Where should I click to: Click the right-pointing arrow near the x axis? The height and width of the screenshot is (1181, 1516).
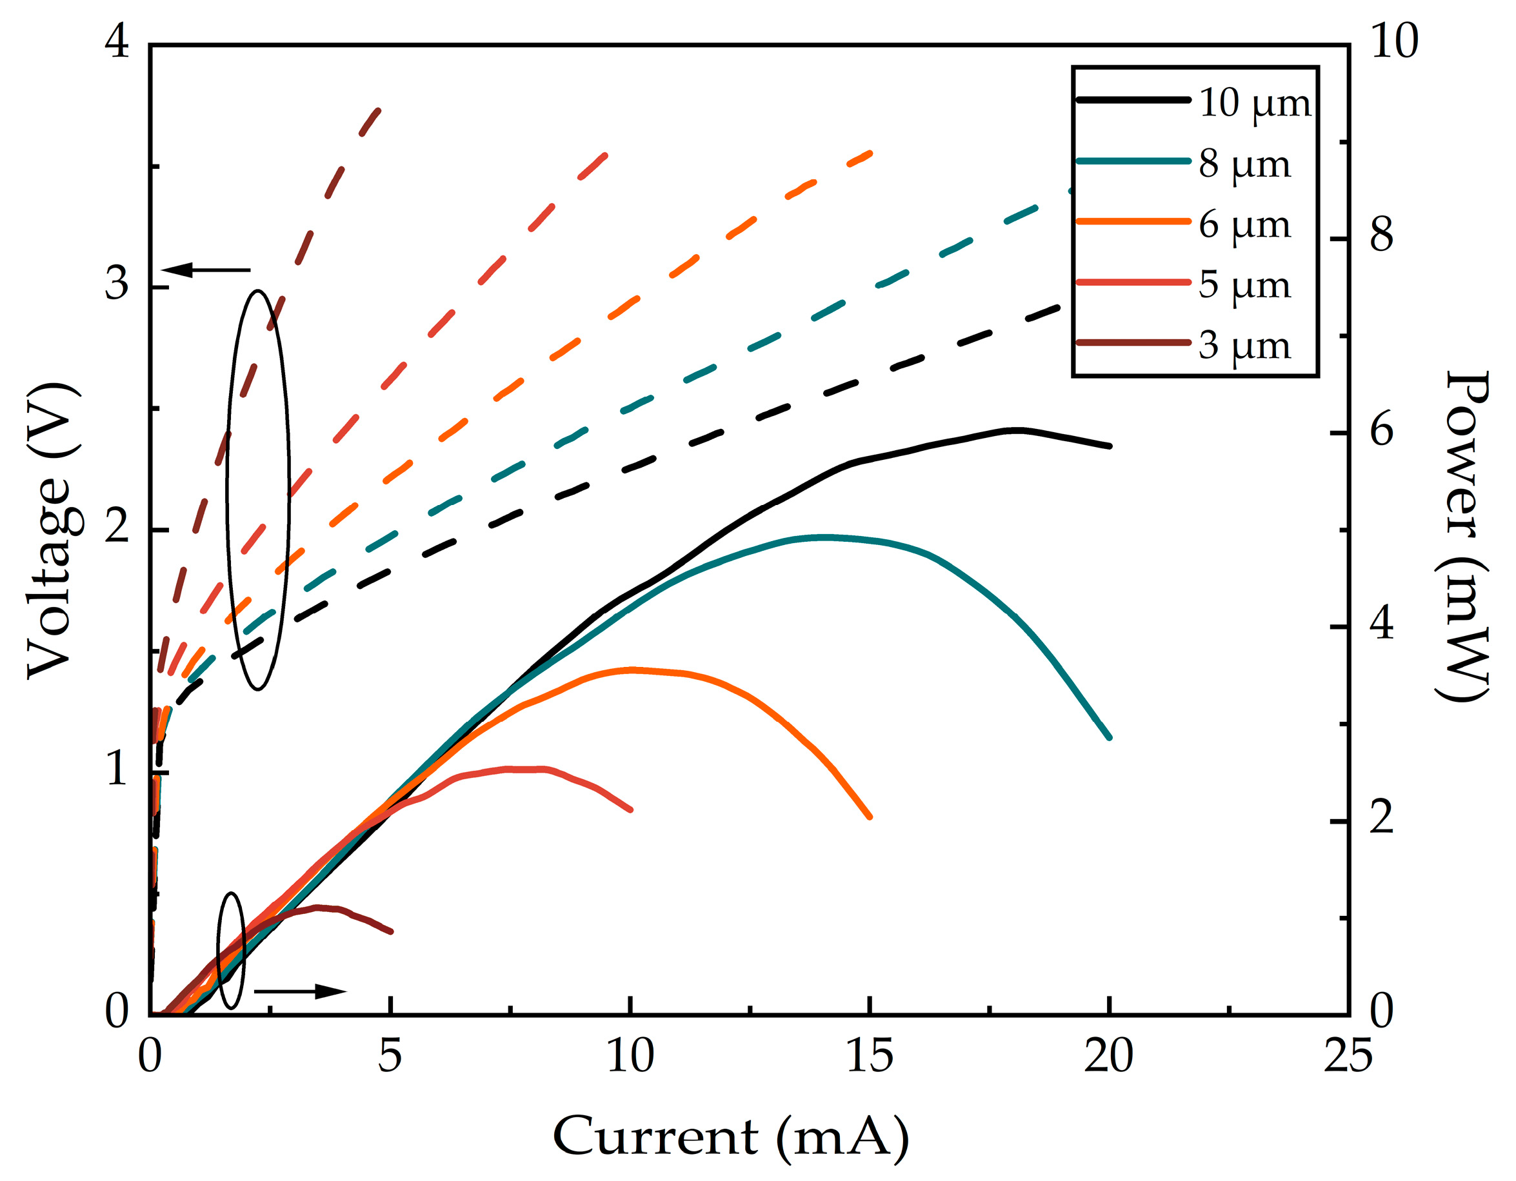(x=300, y=991)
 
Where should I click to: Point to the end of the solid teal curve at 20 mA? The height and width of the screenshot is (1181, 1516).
(x=1109, y=738)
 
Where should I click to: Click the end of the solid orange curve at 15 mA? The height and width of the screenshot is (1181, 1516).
(x=870, y=817)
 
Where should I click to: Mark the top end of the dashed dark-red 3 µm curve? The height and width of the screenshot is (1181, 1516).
(x=378, y=110)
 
